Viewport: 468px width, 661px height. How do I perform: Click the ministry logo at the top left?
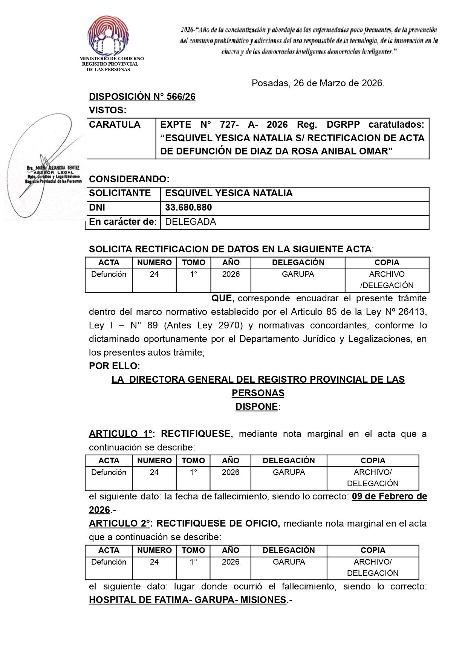pos(108,36)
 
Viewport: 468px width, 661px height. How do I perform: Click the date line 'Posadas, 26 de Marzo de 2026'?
pos(318,83)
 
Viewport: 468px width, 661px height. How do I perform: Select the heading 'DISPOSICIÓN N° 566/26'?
pos(142,97)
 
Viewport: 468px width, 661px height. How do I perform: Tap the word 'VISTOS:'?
pos(107,110)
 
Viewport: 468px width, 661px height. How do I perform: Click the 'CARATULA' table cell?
pos(115,125)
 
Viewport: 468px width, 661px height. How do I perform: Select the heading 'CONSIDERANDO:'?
pos(129,179)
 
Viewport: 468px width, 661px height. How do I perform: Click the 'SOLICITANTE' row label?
pos(119,193)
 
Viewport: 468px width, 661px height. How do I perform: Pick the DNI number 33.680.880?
pos(188,208)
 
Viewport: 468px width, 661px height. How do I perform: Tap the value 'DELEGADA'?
pos(190,222)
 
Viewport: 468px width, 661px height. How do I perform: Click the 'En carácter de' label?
pos(122,222)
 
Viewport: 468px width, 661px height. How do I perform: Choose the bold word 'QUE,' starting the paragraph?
pos(223,298)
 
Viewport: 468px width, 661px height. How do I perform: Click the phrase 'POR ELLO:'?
pos(114,366)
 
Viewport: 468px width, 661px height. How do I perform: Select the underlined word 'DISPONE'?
pos(257,407)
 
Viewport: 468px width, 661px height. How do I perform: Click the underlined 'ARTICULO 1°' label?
pos(121,434)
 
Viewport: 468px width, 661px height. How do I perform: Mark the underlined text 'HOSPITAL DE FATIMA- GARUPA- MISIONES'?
pos(187,600)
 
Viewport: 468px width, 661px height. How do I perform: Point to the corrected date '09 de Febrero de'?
pos(389,496)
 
